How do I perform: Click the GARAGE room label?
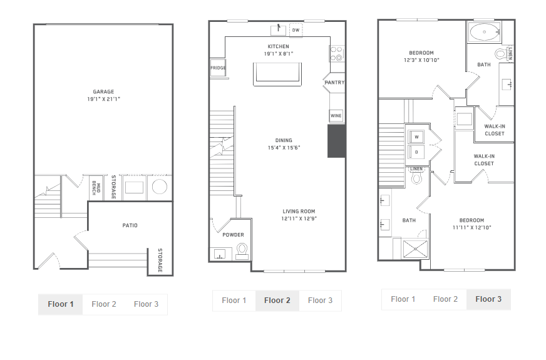pos(103,92)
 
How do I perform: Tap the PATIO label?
pos(130,225)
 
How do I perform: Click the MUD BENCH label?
pos(96,188)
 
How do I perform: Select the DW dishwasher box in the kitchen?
pos(296,30)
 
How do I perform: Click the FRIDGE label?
pos(218,68)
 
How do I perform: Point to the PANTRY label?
pos(334,83)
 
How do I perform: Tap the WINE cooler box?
pos(336,116)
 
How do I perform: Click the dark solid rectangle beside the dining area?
pos(336,141)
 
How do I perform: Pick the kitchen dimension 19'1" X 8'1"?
pos(279,54)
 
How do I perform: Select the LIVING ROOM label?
pos(299,212)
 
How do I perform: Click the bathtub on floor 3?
pos(485,33)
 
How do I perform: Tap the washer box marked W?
pos(416,137)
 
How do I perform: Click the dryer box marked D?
pos(416,152)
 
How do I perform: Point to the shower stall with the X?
pos(415,249)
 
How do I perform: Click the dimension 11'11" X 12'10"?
pos(472,228)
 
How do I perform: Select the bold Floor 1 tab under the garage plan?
pos(61,304)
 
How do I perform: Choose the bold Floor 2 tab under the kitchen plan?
pos(277,301)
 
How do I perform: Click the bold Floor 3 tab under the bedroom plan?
pos(488,299)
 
